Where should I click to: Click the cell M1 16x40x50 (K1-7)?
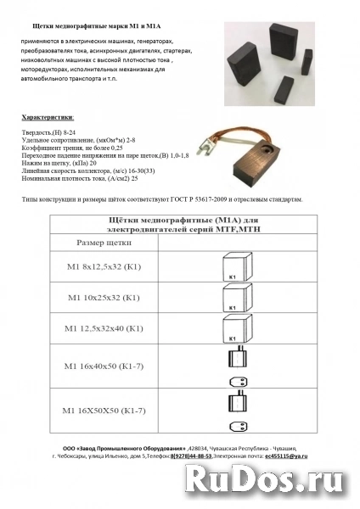coord(110,365)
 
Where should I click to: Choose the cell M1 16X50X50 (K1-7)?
coord(110,411)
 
